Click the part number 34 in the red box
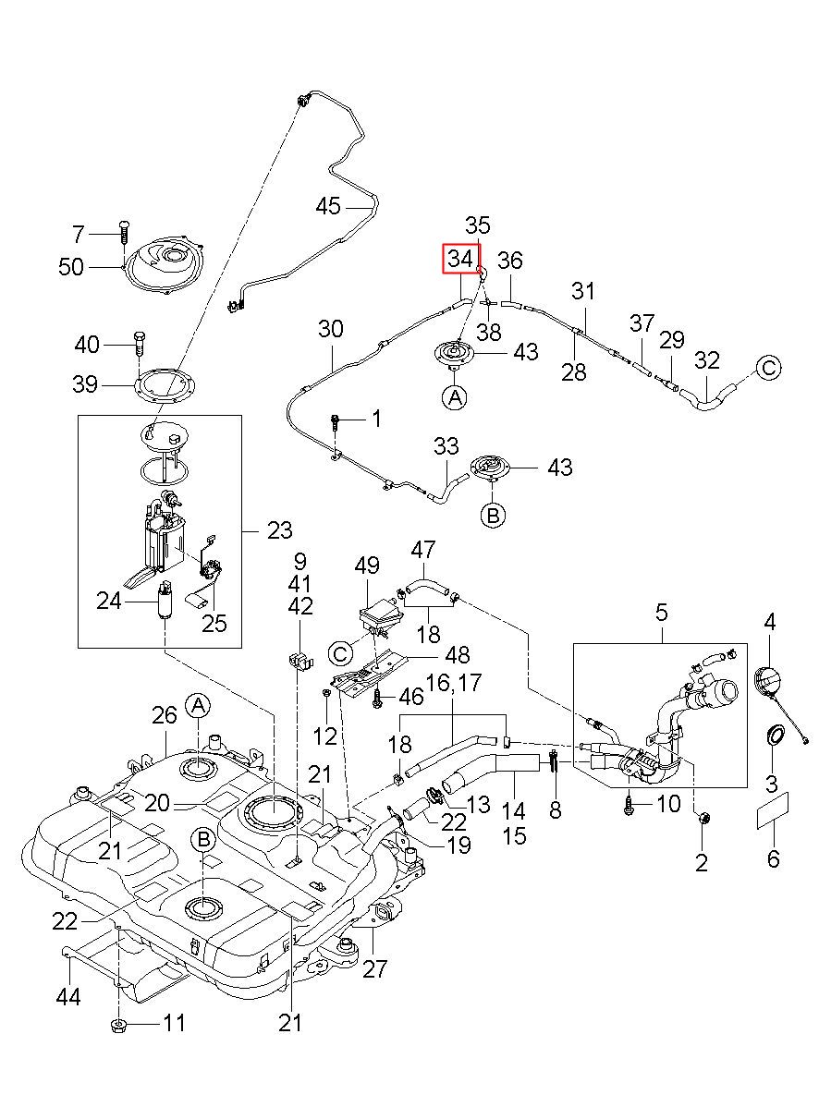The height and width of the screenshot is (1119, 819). click(x=459, y=259)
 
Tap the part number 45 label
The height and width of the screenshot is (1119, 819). click(x=328, y=206)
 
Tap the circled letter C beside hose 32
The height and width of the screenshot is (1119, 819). click(x=768, y=368)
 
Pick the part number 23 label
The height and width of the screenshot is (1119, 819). click(x=279, y=530)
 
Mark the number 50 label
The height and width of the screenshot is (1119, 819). click(x=71, y=267)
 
